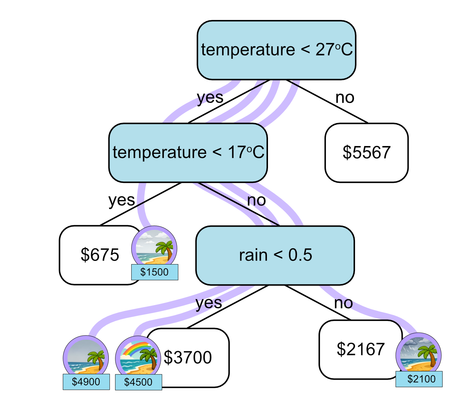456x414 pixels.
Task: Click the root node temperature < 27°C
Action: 276,50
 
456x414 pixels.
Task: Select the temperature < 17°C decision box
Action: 188,153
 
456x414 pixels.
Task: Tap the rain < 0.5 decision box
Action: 275,255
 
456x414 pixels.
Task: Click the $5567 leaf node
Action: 367,153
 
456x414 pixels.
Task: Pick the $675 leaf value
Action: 100,255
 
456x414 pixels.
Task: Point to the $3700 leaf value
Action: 188,358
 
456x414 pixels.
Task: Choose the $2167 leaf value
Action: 361,349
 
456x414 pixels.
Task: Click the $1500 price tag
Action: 155,272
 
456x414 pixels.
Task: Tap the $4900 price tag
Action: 86,382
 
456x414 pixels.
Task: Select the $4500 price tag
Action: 139,382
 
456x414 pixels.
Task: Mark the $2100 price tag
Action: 419,379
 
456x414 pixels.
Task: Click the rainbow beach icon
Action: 138,357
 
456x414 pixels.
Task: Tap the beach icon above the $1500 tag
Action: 154,247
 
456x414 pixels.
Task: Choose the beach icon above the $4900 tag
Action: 86,357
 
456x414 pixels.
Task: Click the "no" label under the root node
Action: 345,98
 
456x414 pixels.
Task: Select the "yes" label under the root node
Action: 210,98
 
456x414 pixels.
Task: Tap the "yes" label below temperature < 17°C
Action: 121,200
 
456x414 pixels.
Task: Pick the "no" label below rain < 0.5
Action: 343,303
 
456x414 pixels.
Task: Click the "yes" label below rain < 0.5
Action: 209,303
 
